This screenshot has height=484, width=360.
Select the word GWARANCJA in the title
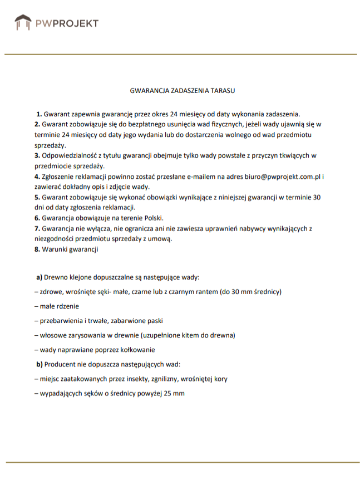coord(148,89)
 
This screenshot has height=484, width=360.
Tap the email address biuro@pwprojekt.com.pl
coord(282,177)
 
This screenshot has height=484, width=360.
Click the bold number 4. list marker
coord(37,177)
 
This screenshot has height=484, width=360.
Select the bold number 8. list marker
coord(37,249)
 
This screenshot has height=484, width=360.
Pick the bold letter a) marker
coord(40,277)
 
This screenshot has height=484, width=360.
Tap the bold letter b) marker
coord(40,364)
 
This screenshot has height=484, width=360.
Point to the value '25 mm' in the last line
coord(174,393)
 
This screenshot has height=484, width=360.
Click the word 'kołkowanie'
coord(137,350)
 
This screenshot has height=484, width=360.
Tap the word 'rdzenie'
coord(67,306)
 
